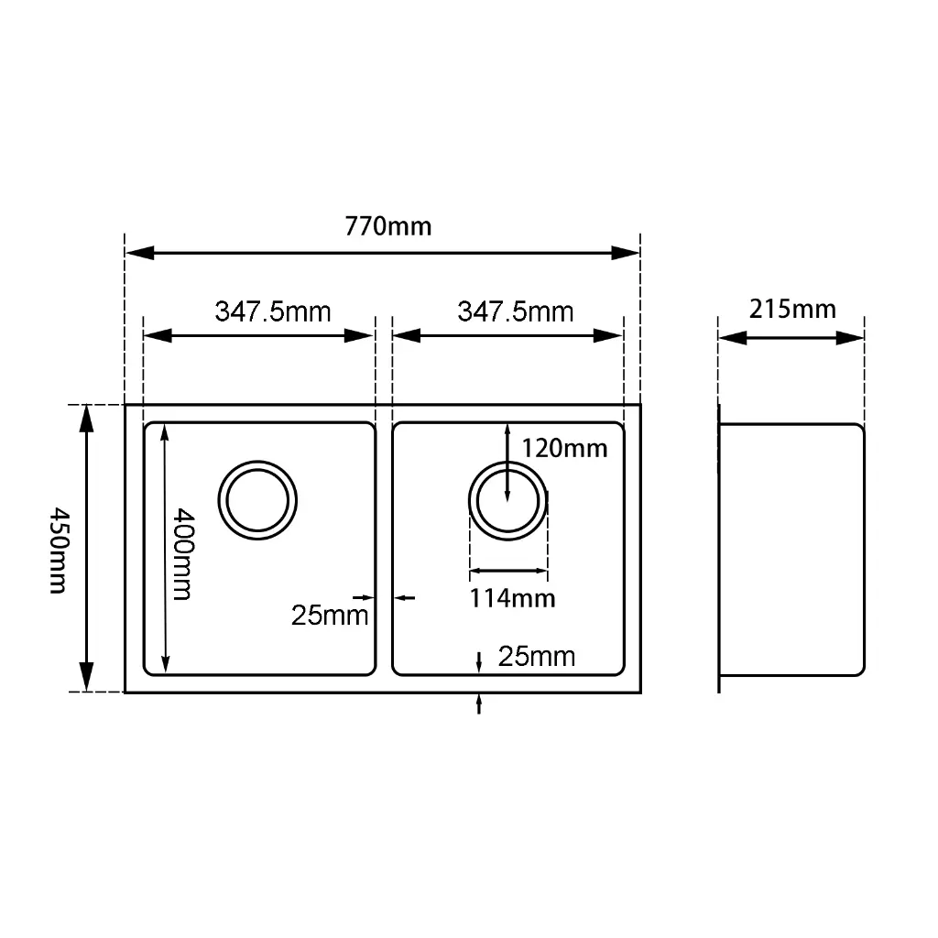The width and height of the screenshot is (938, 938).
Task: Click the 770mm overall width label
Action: click(x=387, y=227)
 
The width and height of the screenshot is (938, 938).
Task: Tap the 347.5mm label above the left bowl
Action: click(x=273, y=311)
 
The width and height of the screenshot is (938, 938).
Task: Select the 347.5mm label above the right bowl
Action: click(x=516, y=311)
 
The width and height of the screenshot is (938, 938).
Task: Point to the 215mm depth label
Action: click(x=792, y=310)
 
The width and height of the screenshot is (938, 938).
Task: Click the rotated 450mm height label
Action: click(x=59, y=551)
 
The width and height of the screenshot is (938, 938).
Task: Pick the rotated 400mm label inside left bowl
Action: click(x=182, y=554)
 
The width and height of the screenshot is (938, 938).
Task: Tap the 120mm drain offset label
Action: click(x=564, y=448)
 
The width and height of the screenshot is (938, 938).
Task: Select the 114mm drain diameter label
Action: click(x=513, y=598)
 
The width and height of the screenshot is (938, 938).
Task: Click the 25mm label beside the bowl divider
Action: click(x=330, y=616)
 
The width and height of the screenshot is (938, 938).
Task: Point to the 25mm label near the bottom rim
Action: click(x=537, y=657)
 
